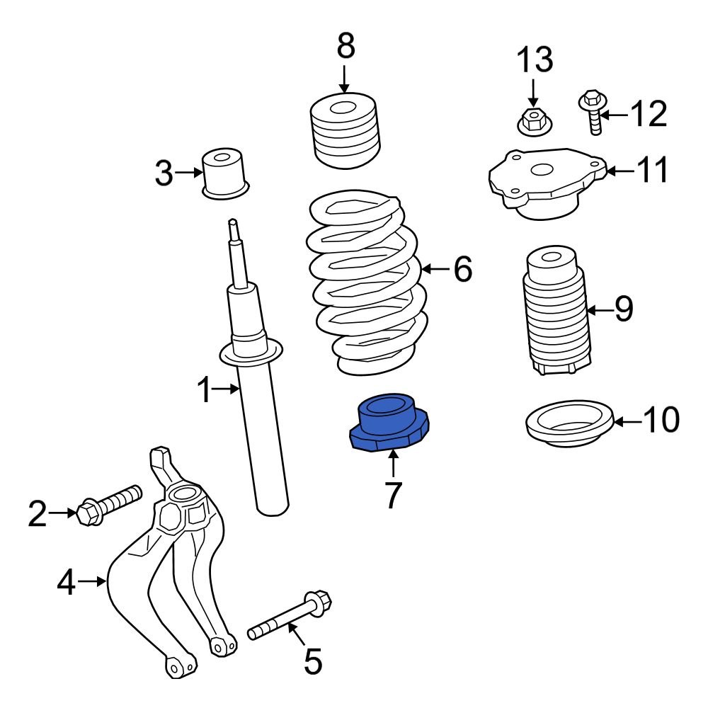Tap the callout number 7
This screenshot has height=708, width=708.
[393, 495]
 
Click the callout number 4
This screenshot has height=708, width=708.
[67, 583]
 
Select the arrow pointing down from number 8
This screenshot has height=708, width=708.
[344, 78]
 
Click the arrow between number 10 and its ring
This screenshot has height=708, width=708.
[626, 423]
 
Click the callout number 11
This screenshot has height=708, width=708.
[651, 171]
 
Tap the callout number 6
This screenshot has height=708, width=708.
[462, 270]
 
